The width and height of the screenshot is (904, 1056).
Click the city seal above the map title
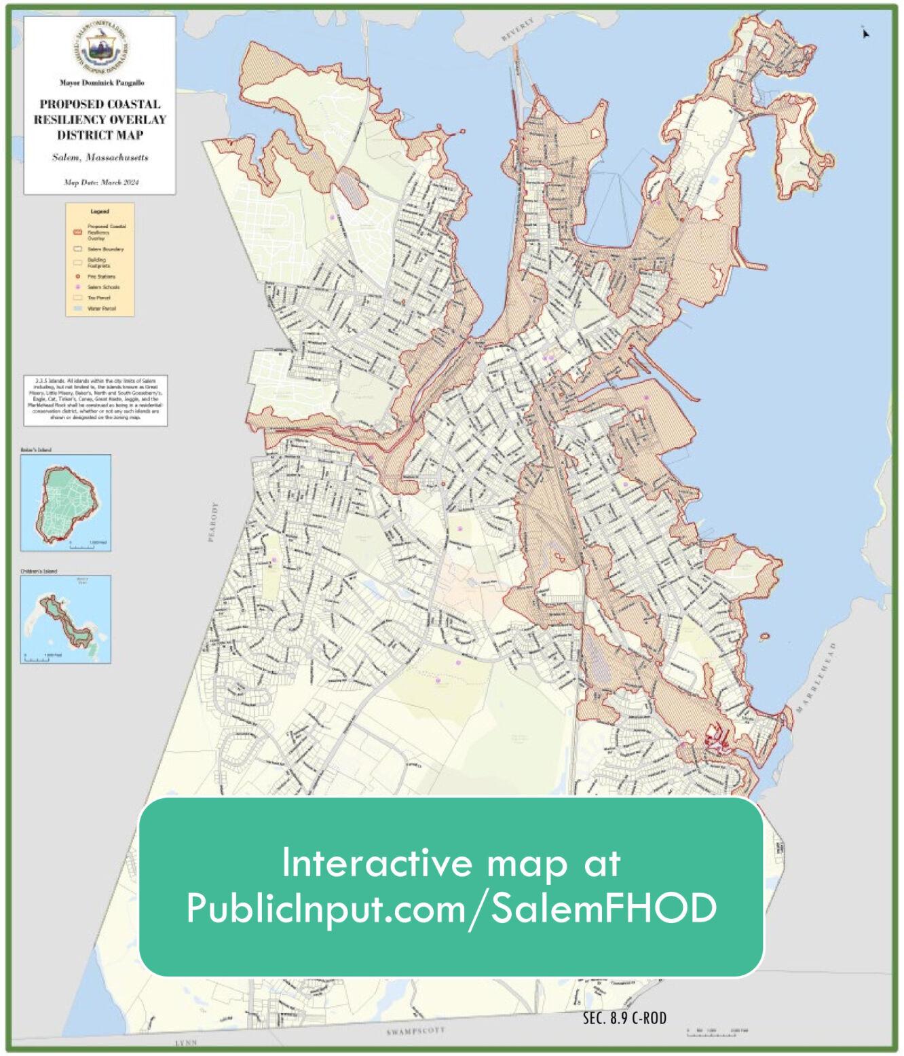100,49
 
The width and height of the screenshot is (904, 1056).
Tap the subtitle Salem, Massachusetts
100,157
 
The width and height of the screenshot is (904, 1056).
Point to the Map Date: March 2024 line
100,182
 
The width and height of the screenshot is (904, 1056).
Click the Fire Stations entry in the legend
100,276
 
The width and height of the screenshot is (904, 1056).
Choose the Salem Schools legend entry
102,287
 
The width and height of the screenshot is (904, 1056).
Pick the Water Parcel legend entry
100,308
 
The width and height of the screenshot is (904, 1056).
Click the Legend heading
100,212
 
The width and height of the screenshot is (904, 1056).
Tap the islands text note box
95,400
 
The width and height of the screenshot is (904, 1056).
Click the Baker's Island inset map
66,503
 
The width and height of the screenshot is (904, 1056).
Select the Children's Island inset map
66,620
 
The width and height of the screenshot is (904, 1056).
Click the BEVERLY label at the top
518,31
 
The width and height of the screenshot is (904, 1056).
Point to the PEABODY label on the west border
214,522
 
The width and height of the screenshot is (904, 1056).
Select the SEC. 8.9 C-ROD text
624,1018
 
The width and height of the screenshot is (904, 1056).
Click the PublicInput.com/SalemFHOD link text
451,908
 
